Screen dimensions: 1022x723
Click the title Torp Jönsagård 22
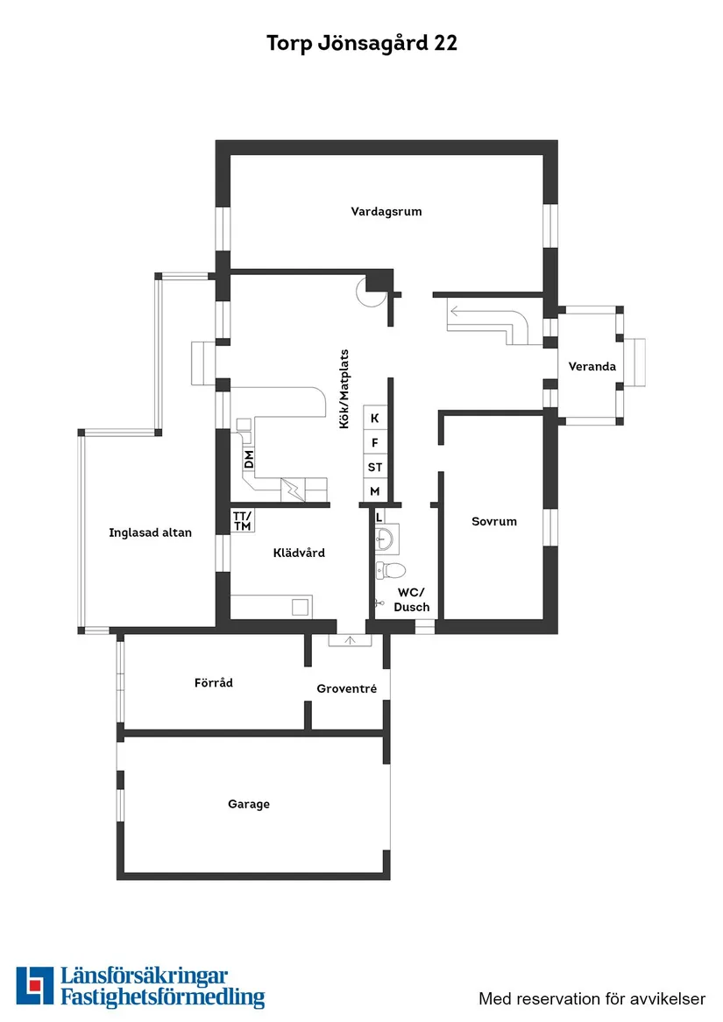[x=361, y=44]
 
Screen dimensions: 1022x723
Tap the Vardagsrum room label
[x=386, y=211]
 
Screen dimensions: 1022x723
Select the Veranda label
[x=592, y=366]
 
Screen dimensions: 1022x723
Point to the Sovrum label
[x=494, y=521]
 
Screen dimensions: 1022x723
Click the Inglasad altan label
[x=150, y=532]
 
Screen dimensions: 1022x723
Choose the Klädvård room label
[x=299, y=553]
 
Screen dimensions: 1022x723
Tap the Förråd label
[x=214, y=682]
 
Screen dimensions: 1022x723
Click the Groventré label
[x=347, y=689]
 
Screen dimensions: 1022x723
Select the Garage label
[x=249, y=804]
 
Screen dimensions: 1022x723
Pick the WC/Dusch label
[x=411, y=599]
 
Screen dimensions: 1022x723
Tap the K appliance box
[x=375, y=419]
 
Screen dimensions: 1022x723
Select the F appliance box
[x=375, y=443]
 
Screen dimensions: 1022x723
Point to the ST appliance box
[x=375, y=467]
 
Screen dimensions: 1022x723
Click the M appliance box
[x=375, y=491]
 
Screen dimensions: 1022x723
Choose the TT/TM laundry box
[x=242, y=520]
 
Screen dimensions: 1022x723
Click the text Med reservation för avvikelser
[x=592, y=997]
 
